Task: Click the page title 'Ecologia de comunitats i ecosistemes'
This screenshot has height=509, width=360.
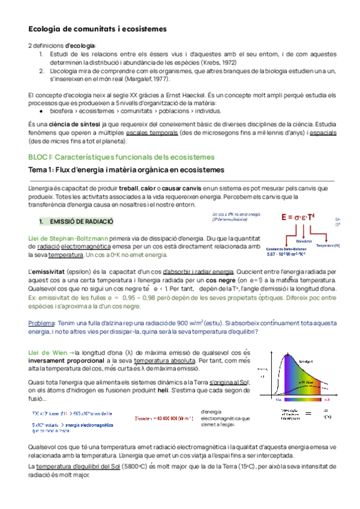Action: point(98,29)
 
